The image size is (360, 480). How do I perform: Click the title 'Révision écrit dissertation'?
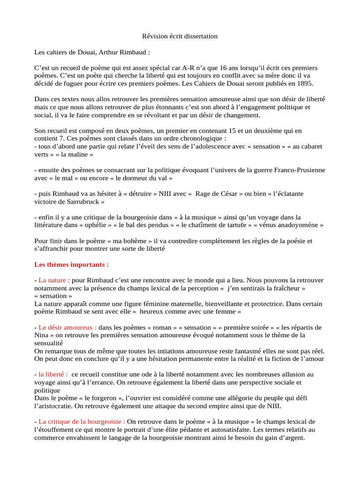(x=180, y=36)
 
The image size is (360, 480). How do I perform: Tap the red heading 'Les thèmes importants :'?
(x=71, y=264)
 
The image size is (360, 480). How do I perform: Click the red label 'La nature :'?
(x=54, y=280)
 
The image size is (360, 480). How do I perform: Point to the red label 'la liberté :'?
(x=53, y=375)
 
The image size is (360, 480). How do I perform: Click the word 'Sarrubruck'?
(x=78, y=202)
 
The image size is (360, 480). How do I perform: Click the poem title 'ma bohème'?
(x=121, y=241)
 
